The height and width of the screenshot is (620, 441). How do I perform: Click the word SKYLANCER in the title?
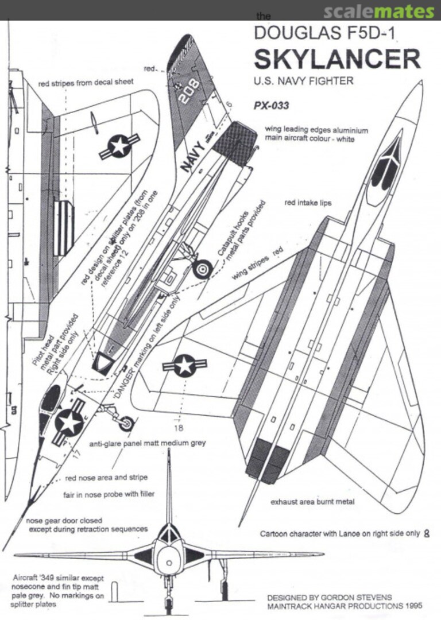337,60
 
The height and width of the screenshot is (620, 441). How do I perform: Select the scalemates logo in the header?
378,11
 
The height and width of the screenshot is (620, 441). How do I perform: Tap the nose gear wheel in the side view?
127,424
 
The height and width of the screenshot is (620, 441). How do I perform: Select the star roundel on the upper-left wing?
119,146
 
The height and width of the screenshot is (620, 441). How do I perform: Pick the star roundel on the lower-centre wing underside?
184,365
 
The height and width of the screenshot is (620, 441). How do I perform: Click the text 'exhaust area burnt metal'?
312,501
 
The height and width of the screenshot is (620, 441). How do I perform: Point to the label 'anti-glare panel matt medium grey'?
148,444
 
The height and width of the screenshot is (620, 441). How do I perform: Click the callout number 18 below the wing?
180,427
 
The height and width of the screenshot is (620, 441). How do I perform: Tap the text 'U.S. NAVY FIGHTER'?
303,81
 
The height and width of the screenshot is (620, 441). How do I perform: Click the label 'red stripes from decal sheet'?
86,83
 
